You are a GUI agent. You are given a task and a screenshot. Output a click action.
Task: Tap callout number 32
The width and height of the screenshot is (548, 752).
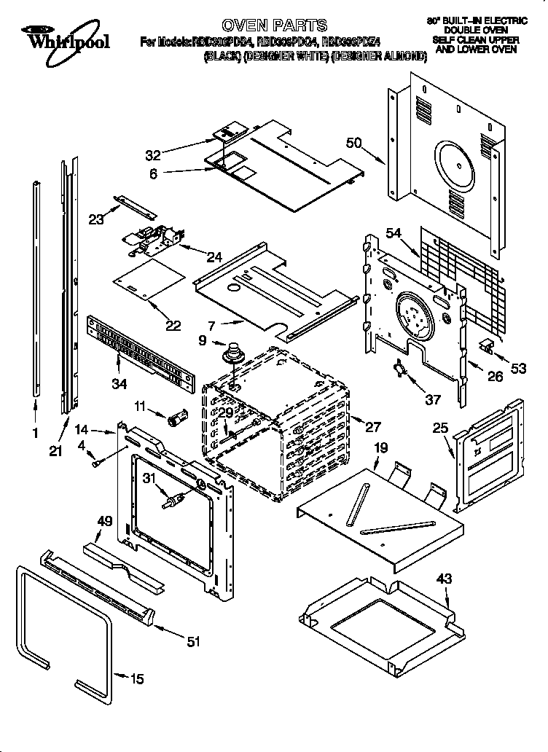[153, 154]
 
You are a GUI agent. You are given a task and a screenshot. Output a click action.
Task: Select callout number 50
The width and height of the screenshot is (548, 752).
[354, 144]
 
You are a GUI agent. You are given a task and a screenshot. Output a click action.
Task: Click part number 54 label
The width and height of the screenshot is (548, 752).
[394, 232]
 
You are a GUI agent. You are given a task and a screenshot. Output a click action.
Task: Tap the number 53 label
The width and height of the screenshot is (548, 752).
[518, 369]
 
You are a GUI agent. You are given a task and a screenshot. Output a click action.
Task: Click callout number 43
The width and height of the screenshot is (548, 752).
[445, 579]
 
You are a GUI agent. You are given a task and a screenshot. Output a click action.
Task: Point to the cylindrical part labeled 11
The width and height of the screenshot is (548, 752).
[176, 419]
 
